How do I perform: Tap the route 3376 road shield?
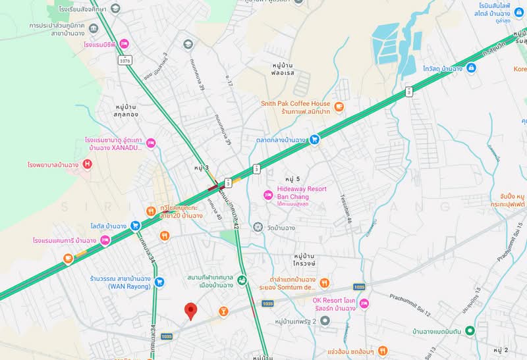[125, 60]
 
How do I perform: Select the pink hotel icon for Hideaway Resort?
[267, 194]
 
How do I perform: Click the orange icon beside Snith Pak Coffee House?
[339, 107]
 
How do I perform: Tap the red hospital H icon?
[88, 164]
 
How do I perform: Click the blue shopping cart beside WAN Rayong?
[159, 282]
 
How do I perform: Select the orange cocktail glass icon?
[223, 309]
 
